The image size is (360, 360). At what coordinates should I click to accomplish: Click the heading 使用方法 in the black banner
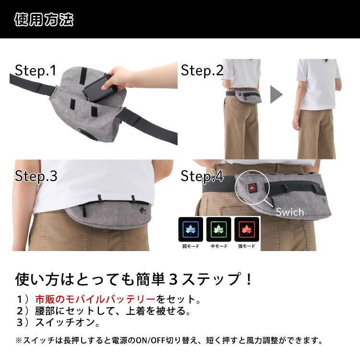point(44,20)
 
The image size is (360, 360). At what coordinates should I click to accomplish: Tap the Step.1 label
point(36,71)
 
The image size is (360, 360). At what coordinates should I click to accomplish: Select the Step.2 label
point(202,71)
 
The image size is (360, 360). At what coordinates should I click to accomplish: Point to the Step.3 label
point(36,176)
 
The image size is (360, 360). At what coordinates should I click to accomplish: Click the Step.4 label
point(202,176)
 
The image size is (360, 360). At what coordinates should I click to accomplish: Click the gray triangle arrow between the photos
point(276,94)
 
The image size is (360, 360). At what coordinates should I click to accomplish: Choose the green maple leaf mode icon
point(219,230)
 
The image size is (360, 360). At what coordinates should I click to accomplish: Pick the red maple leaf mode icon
point(246,230)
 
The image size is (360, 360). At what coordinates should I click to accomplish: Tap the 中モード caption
point(219,247)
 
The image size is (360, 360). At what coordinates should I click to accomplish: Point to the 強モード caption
point(246,247)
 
